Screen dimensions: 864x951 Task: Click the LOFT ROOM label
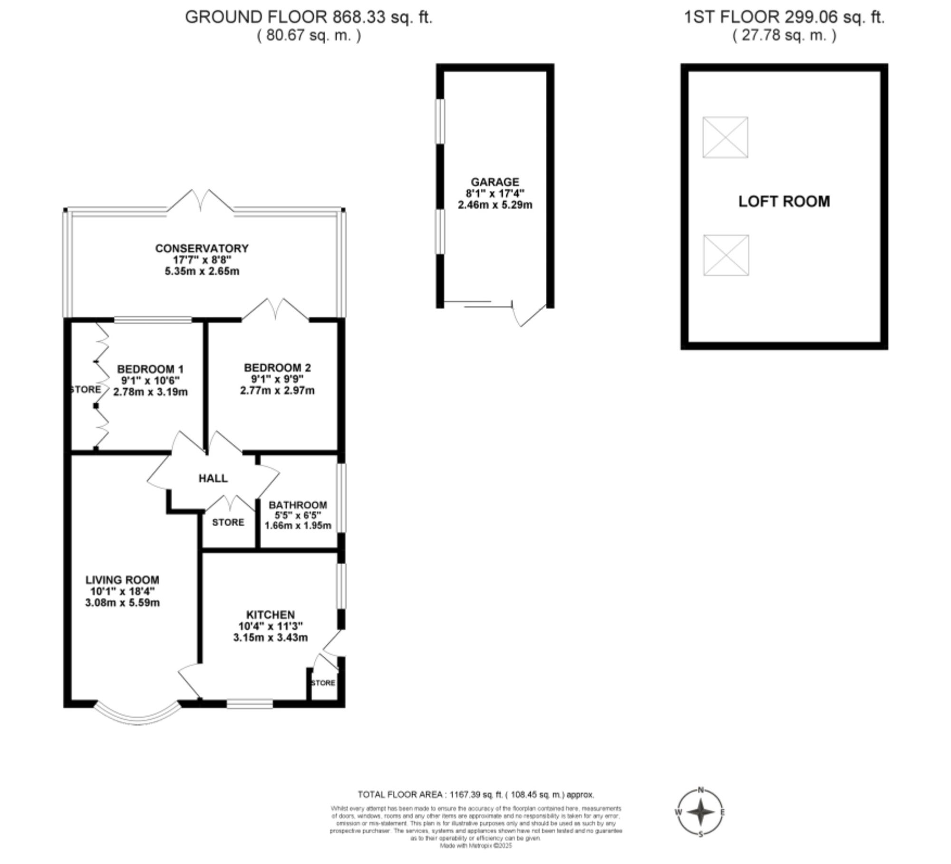[784, 202]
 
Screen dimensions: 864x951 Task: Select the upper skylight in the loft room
[725, 137]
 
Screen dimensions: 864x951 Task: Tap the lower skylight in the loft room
[726, 255]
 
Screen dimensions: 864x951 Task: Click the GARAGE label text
[495, 182]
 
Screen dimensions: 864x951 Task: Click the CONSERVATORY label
[202, 248]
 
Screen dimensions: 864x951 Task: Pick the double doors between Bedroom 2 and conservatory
[275, 309]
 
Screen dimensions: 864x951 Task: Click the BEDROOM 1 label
[150, 369]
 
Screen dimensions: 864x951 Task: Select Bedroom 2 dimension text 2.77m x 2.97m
[277, 391]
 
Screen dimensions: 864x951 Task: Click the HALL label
[213, 478]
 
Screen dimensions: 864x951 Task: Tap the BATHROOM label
[298, 505]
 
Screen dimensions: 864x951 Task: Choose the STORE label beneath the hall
[228, 522]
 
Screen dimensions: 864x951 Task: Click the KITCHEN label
[270, 615]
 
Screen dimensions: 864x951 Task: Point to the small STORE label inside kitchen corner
[323, 683]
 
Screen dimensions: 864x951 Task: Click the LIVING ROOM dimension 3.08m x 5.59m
[122, 603]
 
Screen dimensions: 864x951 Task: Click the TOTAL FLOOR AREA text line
[475, 795]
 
